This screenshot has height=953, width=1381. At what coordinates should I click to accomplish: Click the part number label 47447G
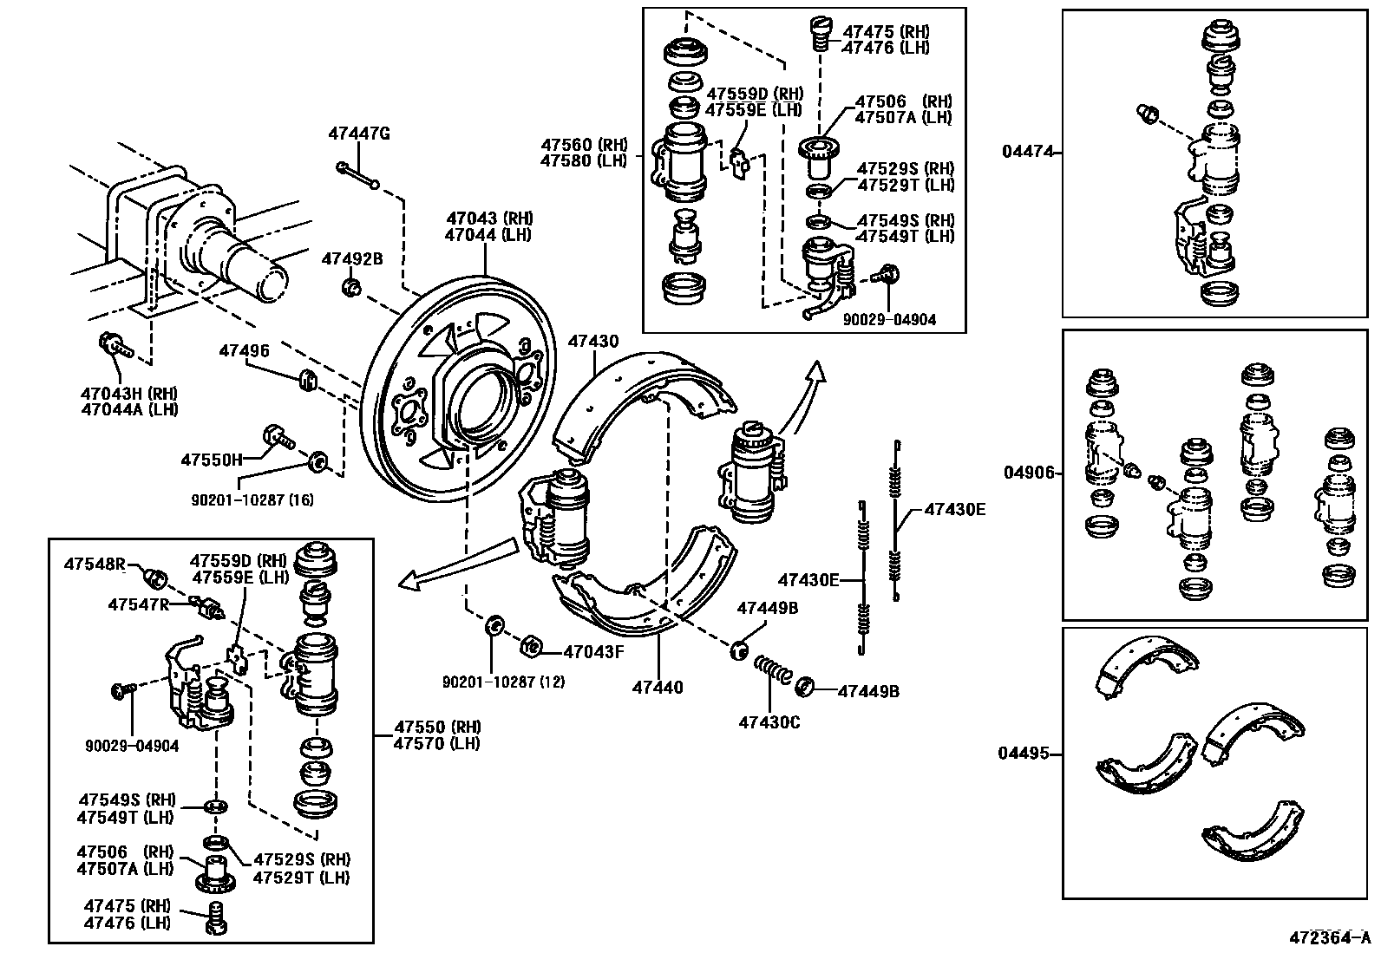click(359, 134)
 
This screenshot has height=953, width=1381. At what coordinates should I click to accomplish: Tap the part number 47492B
click(352, 258)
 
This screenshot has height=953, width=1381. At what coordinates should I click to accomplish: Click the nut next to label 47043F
click(532, 647)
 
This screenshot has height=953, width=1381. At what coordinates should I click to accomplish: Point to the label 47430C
click(769, 721)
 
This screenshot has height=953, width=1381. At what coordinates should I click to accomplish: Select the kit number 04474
click(1028, 152)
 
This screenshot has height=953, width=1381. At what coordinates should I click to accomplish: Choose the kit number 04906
click(1030, 473)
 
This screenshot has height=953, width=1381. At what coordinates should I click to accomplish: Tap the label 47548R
click(95, 564)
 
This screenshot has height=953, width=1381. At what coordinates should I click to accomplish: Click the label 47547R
click(139, 604)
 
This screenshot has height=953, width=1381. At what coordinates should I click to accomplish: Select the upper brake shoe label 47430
click(593, 342)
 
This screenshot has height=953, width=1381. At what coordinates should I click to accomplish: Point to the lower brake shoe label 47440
click(658, 688)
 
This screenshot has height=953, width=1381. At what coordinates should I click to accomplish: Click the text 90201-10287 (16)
click(252, 499)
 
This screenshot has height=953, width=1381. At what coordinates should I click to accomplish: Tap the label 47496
click(244, 351)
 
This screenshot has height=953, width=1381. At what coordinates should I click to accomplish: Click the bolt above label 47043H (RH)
click(114, 346)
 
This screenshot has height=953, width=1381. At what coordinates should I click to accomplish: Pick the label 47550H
click(212, 460)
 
